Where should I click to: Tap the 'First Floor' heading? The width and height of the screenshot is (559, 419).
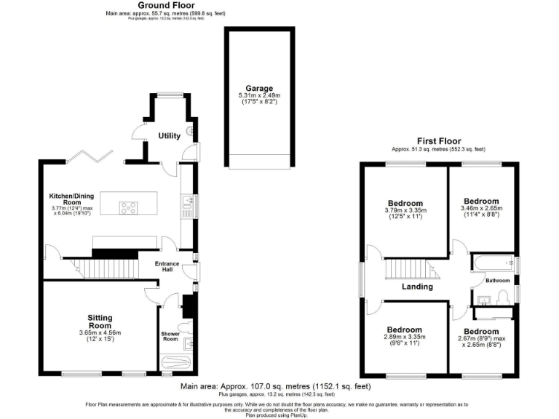[x=438, y=140]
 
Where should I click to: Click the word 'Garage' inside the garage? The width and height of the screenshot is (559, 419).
[x=259, y=89]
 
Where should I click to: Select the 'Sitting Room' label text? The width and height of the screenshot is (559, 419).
[x=100, y=322]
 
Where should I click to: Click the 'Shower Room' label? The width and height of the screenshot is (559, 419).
[x=170, y=337]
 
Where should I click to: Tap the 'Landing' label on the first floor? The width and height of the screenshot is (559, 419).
[x=417, y=287]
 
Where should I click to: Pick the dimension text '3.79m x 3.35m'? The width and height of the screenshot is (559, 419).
[x=405, y=211]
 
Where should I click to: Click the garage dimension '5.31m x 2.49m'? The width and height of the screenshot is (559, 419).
[x=259, y=96]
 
